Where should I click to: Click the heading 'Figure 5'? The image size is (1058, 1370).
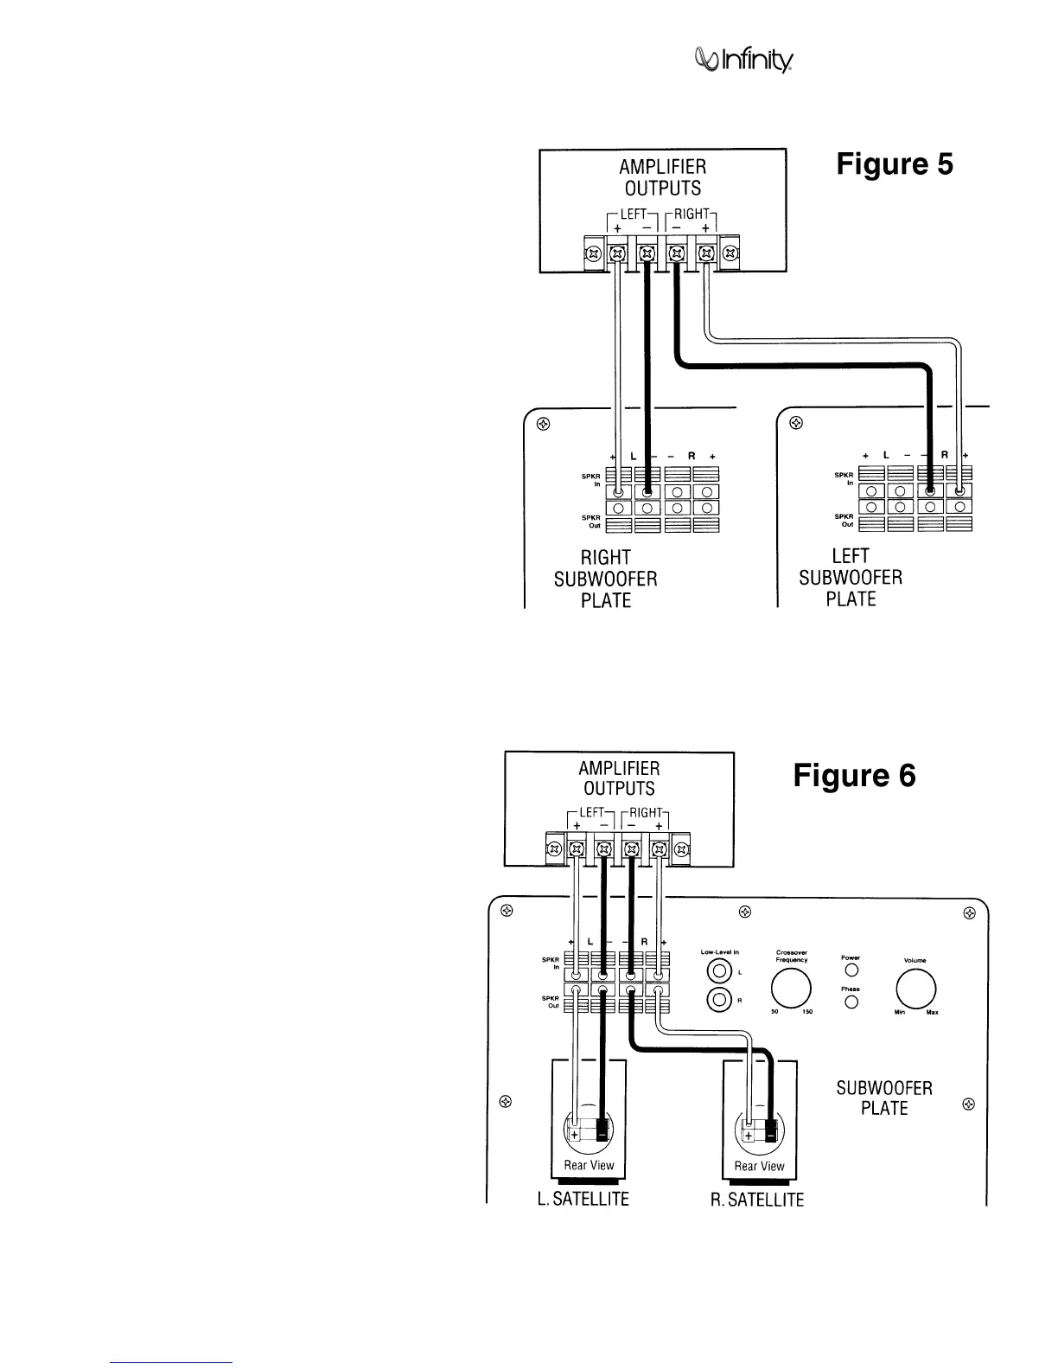[x=895, y=164]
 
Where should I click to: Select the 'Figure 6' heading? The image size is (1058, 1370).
[x=854, y=776]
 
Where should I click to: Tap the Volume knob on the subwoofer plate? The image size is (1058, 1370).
[x=917, y=987]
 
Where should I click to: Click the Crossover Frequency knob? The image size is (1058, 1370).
[x=792, y=988]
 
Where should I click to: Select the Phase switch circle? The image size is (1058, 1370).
[x=851, y=1003]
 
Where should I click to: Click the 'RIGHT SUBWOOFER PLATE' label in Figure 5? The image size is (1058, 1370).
[x=605, y=579]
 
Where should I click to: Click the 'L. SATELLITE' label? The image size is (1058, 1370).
[x=589, y=1200]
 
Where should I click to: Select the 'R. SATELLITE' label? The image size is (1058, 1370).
[x=757, y=1200]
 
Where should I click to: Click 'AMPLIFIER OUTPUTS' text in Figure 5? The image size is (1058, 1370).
[x=662, y=176]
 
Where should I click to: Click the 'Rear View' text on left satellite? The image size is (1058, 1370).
[x=589, y=1165]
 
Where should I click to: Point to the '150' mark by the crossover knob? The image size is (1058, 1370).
[x=807, y=1012]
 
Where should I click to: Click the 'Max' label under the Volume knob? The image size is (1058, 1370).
[x=932, y=1013]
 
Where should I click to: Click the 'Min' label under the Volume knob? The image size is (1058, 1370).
[x=900, y=1013]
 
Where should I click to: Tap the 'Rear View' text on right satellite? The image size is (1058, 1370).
[x=759, y=1166]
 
